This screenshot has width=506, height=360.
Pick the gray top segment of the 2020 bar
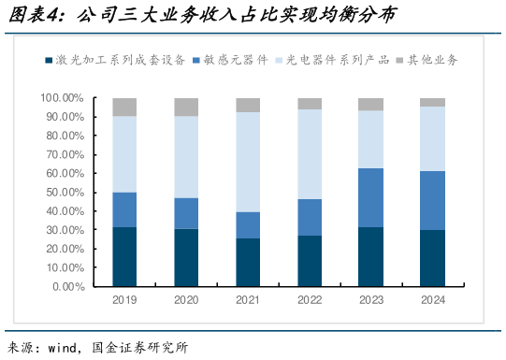click(x=186, y=107)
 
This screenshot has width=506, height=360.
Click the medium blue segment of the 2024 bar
click(x=432, y=200)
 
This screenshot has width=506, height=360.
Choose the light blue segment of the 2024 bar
click(x=432, y=138)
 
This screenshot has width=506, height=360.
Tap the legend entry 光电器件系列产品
click(x=336, y=60)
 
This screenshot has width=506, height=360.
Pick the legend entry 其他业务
click(x=432, y=60)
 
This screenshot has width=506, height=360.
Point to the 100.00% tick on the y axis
click(x=63, y=97)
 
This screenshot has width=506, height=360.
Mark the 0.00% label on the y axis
click(x=68, y=286)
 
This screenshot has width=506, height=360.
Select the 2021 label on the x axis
click(x=248, y=300)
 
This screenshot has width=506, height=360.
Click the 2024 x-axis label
click(x=432, y=300)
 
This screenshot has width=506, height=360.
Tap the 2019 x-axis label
click(x=124, y=300)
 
